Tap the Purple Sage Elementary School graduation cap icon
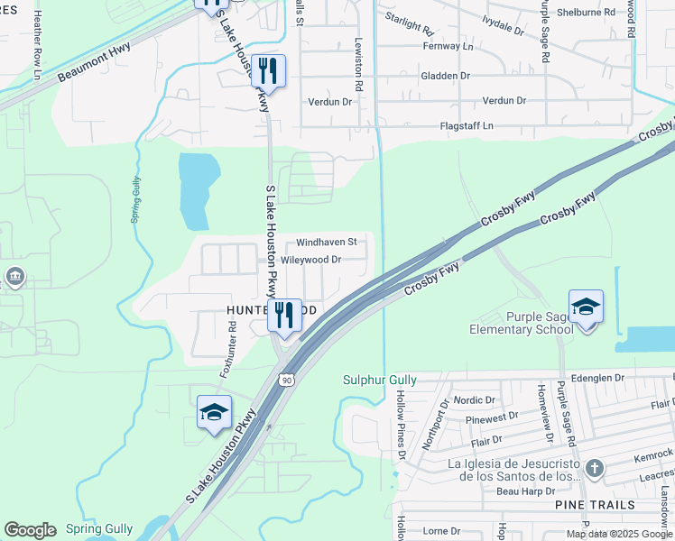(x=586, y=307)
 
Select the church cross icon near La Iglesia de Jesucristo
(x=593, y=467)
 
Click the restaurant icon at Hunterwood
(x=284, y=316)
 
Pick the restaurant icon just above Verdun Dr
(x=268, y=70)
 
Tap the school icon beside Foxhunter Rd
(x=214, y=412)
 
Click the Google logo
(x=30, y=530)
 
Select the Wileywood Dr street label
(x=310, y=260)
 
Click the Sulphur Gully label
(x=379, y=381)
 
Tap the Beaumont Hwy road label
(x=96, y=63)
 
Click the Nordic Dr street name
(x=476, y=399)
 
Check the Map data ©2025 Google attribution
(x=618, y=534)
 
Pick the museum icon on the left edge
(x=14, y=276)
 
